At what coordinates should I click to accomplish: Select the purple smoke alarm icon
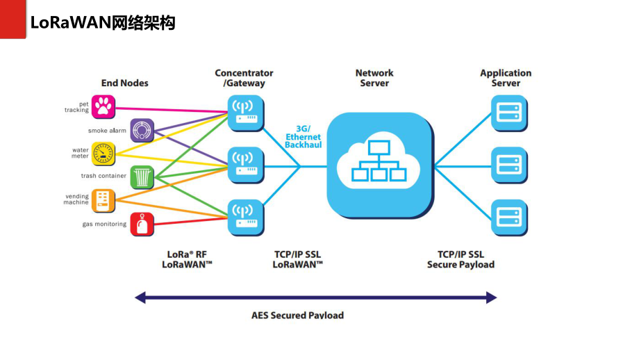tap(142, 130)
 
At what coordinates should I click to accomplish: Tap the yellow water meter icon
tap(103, 154)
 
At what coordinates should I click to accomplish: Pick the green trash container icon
tap(142, 177)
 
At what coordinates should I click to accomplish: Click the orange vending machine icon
tap(103, 201)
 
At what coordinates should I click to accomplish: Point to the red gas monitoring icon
tap(142, 224)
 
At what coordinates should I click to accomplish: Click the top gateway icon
tap(246, 113)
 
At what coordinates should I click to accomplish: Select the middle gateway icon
tap(246, 165)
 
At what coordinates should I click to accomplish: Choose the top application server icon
tap(509, 113)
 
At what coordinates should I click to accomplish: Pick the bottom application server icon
tap(509, 217)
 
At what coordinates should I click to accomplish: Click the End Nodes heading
tap(124, 83)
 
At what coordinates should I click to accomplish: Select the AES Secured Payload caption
tap(297, 315)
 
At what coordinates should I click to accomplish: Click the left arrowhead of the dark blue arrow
tap(140, 297)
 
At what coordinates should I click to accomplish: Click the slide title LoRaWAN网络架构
tap(102, 24)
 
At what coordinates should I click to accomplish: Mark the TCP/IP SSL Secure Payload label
tap(460, 259)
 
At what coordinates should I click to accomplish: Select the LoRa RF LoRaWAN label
tap(187, 259)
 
